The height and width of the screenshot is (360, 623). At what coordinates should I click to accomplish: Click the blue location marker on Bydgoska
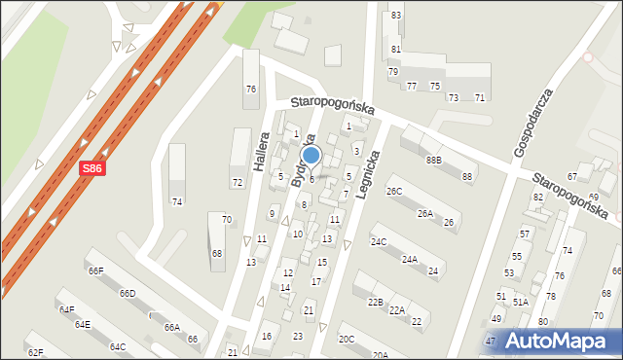click(x=311, y=156)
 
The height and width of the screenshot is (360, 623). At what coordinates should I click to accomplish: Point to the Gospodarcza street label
click(x=533, y=123)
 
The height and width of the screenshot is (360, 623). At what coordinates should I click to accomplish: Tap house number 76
click(x=250, y=90)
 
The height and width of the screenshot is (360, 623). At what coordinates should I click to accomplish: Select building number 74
click(x=176, y=201)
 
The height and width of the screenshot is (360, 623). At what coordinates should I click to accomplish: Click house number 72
click(x=237, y=183)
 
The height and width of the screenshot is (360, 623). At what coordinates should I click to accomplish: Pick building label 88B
click(x=432, y=160)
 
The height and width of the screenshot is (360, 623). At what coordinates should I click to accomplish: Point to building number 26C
click(x=393, y=191)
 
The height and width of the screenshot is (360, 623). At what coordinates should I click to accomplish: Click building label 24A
click(x=410, y=260)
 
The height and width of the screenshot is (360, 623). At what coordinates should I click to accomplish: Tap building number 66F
click(x=95, y=271)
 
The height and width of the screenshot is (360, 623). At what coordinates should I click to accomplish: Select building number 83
click(x=396, y=16)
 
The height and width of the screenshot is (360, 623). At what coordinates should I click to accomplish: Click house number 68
click(x=217, y=254)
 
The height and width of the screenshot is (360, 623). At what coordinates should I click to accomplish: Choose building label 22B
click(x=375, y=303)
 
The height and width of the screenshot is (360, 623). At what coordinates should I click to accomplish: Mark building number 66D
click(x=128, y=294)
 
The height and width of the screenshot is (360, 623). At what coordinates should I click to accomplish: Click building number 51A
click(x=521, y=303)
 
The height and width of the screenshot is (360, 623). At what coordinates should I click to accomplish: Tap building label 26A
click(x=425, y=213)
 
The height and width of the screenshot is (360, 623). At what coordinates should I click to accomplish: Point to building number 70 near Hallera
click(x=226, y=220)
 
